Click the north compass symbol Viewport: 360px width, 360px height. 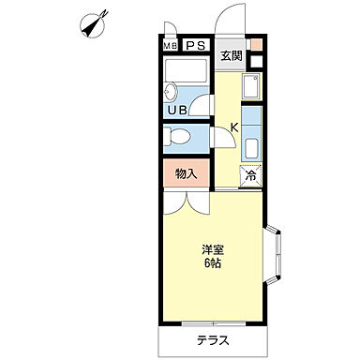point(94,24)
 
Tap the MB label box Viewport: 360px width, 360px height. point(171,46)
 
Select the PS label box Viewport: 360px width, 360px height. point(196,46)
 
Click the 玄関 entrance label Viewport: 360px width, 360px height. point(232,55)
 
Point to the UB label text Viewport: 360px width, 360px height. point(177,110)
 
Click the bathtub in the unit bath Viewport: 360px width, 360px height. point(186,71)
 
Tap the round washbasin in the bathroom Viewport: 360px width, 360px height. point(171,92)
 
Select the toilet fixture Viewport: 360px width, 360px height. point(177,137)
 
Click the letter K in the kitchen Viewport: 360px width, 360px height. point(234,127)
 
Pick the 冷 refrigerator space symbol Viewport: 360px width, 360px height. point(250,176)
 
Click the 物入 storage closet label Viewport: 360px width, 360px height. point(187,173)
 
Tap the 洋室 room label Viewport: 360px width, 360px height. point(213,250)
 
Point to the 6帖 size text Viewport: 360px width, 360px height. point(213,263)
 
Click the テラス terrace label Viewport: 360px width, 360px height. point(213,340)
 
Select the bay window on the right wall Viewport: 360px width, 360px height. point(274,254)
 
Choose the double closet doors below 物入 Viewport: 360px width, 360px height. point(187,202)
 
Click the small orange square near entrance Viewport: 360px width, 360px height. point(256,44)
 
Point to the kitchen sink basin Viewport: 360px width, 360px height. point(251,85)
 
